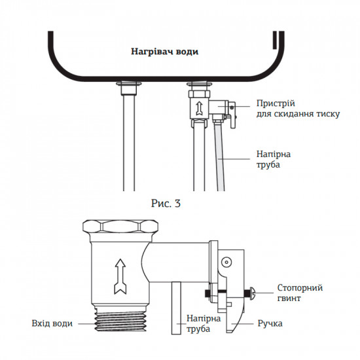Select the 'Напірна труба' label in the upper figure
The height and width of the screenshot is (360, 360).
point(268,159)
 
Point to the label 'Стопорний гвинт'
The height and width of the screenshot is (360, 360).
point(300,293)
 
